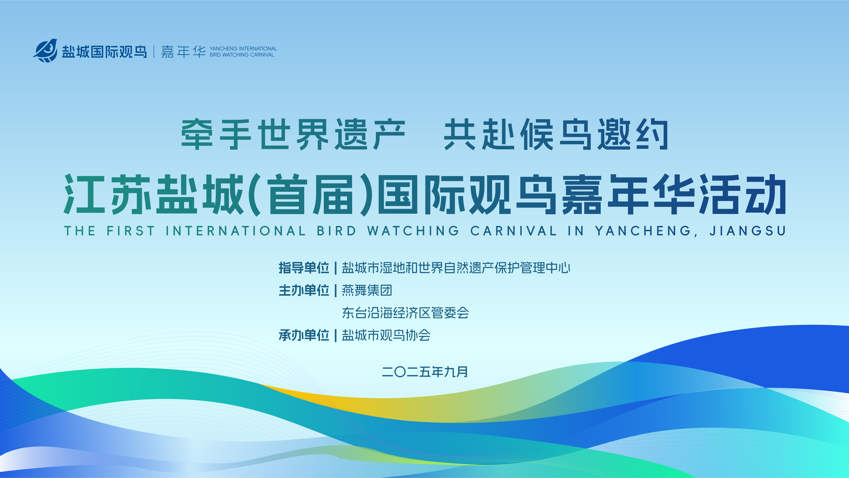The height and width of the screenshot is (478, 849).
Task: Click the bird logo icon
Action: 45,50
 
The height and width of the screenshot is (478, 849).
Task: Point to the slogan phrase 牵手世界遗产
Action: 293,134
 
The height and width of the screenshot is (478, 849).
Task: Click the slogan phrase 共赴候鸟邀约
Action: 556,134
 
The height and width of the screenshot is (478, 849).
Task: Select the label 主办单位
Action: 304,290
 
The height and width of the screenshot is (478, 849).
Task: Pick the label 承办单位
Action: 304,335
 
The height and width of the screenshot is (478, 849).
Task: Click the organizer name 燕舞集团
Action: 367,290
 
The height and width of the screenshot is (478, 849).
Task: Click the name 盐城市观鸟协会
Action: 386,335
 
